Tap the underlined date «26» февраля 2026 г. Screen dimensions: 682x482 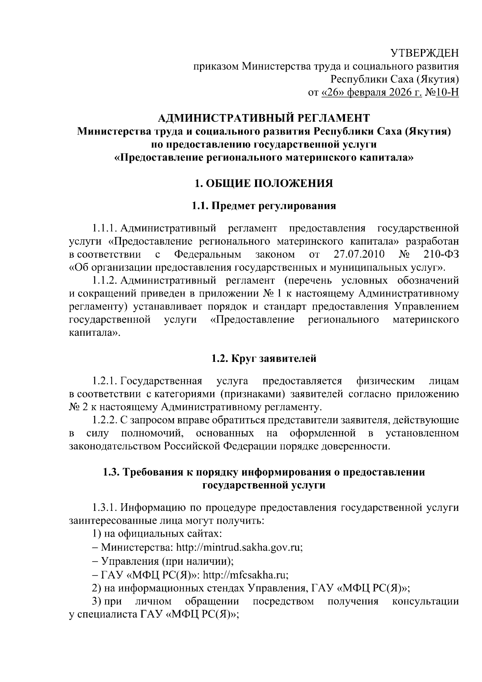(x=372, y=93)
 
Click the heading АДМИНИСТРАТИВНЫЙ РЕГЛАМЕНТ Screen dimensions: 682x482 (x=264, y=118)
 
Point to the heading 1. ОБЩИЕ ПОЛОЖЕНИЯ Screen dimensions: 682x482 (x=264, y=184)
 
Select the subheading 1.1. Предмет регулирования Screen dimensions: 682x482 (x=264, y=206)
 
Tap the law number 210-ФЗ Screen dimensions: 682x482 (x=441, y=255)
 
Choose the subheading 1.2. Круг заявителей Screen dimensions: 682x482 (x=264, y=358)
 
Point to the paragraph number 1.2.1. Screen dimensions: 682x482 (x=105, y=381)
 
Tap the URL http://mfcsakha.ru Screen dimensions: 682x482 (x=245, y=574)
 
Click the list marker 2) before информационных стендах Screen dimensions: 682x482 (x=96, y=588)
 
